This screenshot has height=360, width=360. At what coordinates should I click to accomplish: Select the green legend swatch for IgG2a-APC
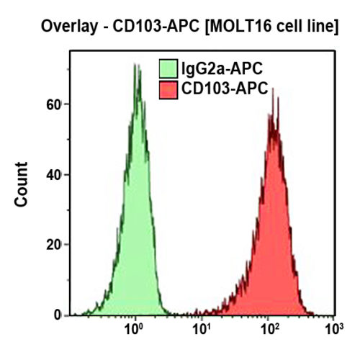pos(167,70)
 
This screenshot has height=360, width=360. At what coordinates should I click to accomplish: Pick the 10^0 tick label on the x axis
pos(134,330)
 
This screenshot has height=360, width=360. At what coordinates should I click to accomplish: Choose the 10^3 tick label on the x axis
pos(333,330)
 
